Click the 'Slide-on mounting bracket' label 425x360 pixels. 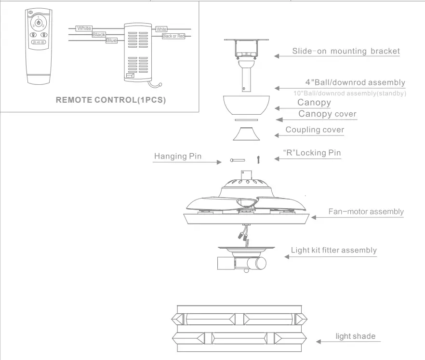[x=346, y=51]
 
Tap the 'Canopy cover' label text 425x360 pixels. [x=327, y=114]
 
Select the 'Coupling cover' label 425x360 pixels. [x=315, y=130]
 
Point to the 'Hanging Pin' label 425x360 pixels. [x=178, y=156]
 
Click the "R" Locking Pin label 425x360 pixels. [x=312, y=153]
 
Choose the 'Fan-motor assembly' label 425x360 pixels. [x=366, y=211]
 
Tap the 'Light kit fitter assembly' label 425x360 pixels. [x=333, y=250]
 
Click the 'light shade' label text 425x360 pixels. [x=355, y=336]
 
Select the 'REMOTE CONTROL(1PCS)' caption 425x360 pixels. [x=111, y=100]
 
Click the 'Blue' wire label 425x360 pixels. [x=111, y=41]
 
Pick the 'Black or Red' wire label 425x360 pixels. [x=173, y=36]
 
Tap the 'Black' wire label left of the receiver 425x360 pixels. [x=99, y=35]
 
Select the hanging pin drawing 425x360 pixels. [x=238, y=160]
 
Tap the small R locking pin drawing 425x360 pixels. [x=259, y=159]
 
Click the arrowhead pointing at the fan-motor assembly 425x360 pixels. [x=314, y=217]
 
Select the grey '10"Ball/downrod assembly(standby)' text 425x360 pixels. [x=349, y=93]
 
